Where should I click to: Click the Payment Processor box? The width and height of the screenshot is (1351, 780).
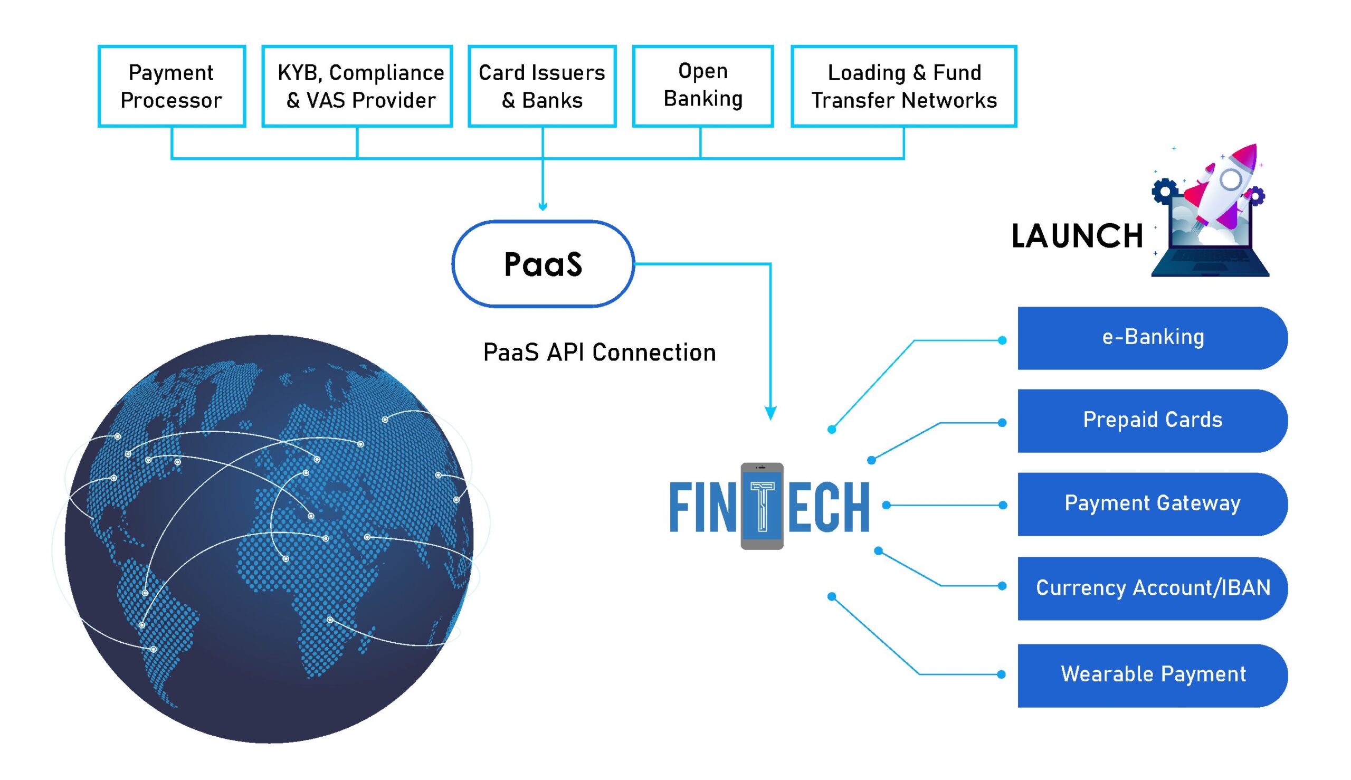172,86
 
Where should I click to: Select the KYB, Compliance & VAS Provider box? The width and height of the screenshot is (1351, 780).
357,86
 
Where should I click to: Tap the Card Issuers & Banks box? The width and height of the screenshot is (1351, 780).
542,86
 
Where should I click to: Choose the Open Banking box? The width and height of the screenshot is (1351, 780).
702,86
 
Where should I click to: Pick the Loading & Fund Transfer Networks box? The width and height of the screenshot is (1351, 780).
903,86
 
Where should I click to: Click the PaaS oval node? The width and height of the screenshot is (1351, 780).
543,263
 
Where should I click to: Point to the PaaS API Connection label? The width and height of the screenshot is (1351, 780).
599,353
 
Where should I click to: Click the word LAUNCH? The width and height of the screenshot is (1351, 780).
1077,236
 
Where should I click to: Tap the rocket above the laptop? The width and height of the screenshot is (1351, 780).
1227,185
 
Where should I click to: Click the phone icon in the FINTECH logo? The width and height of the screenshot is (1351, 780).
762,506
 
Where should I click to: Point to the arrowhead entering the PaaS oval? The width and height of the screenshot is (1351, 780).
543,207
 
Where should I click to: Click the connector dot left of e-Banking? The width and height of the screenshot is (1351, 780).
1002,340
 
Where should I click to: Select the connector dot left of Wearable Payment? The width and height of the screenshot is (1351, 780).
1001,674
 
